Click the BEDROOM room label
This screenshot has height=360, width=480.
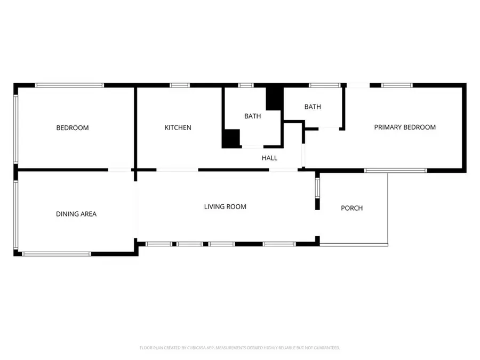tap(73, 127)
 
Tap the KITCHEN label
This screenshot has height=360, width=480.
tap(178, 127)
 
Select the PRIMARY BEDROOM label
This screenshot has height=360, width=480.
tap(405, 127)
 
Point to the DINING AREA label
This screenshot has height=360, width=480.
tap(76, 214)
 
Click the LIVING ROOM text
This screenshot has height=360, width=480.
tap(225, 206)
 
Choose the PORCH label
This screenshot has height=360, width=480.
tap(352, 208)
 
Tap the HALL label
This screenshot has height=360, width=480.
tap(269, 158)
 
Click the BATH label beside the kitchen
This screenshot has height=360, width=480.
tap(253, 116)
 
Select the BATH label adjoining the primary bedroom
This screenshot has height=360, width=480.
tap(313, 107)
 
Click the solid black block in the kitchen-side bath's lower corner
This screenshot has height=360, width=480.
tap(231, 139)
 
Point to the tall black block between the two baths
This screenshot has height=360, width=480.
tap(274, 99)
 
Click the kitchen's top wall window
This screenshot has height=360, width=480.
tap(180, 85)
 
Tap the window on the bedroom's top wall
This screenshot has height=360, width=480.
tap(69, 85)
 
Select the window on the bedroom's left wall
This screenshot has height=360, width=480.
tap(15, 129)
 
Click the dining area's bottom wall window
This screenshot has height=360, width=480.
tap(57, 254)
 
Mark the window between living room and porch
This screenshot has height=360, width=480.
tap(317, 188)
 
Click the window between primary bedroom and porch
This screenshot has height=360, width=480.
tap(396, 171)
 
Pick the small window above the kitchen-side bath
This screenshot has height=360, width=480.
tap(246, 85)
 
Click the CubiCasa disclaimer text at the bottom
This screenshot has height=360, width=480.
tap(239, 348)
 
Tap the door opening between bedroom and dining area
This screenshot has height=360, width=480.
tap(119, 170)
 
